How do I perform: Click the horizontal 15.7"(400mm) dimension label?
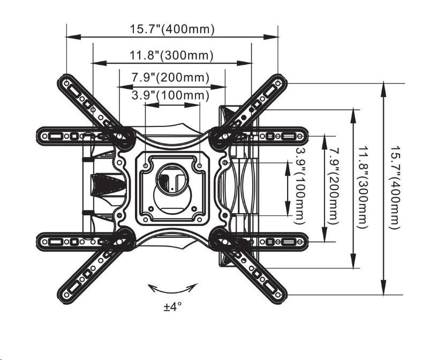tap(172, 29)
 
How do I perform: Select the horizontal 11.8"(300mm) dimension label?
tap(171, 55)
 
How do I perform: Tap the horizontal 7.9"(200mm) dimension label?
tap(170, 78)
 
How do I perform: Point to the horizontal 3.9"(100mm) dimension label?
tap(170, 95)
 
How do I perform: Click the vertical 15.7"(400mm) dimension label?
tap(395, 187)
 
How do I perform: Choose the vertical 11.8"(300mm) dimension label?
tap(364, 187)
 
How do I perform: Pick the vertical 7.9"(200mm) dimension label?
tap(334, 187)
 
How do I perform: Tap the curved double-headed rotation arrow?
tap(172, 289)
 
